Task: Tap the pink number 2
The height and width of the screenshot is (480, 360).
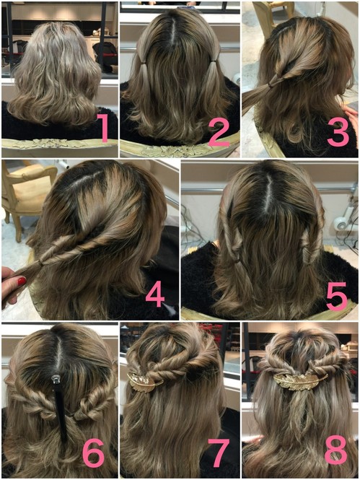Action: (x=219, y=131)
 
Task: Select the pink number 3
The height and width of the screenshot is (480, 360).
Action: (x=338, y=131)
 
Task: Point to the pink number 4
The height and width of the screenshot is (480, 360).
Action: (x=155, y=294)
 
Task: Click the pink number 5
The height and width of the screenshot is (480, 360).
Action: (x=337, y=296)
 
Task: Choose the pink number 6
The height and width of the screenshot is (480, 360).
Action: (x=94, y=453)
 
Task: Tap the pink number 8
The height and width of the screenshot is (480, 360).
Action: (x=336, y=450)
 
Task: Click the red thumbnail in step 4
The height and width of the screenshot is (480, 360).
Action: (x=22, y=281)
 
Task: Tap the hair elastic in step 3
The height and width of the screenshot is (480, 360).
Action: (x=271, y=85)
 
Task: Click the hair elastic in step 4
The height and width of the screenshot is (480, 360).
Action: (x=40, y=262)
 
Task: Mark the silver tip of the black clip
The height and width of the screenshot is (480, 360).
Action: (x=56, y=380)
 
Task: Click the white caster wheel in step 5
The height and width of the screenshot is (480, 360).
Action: (x=340, y=223)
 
